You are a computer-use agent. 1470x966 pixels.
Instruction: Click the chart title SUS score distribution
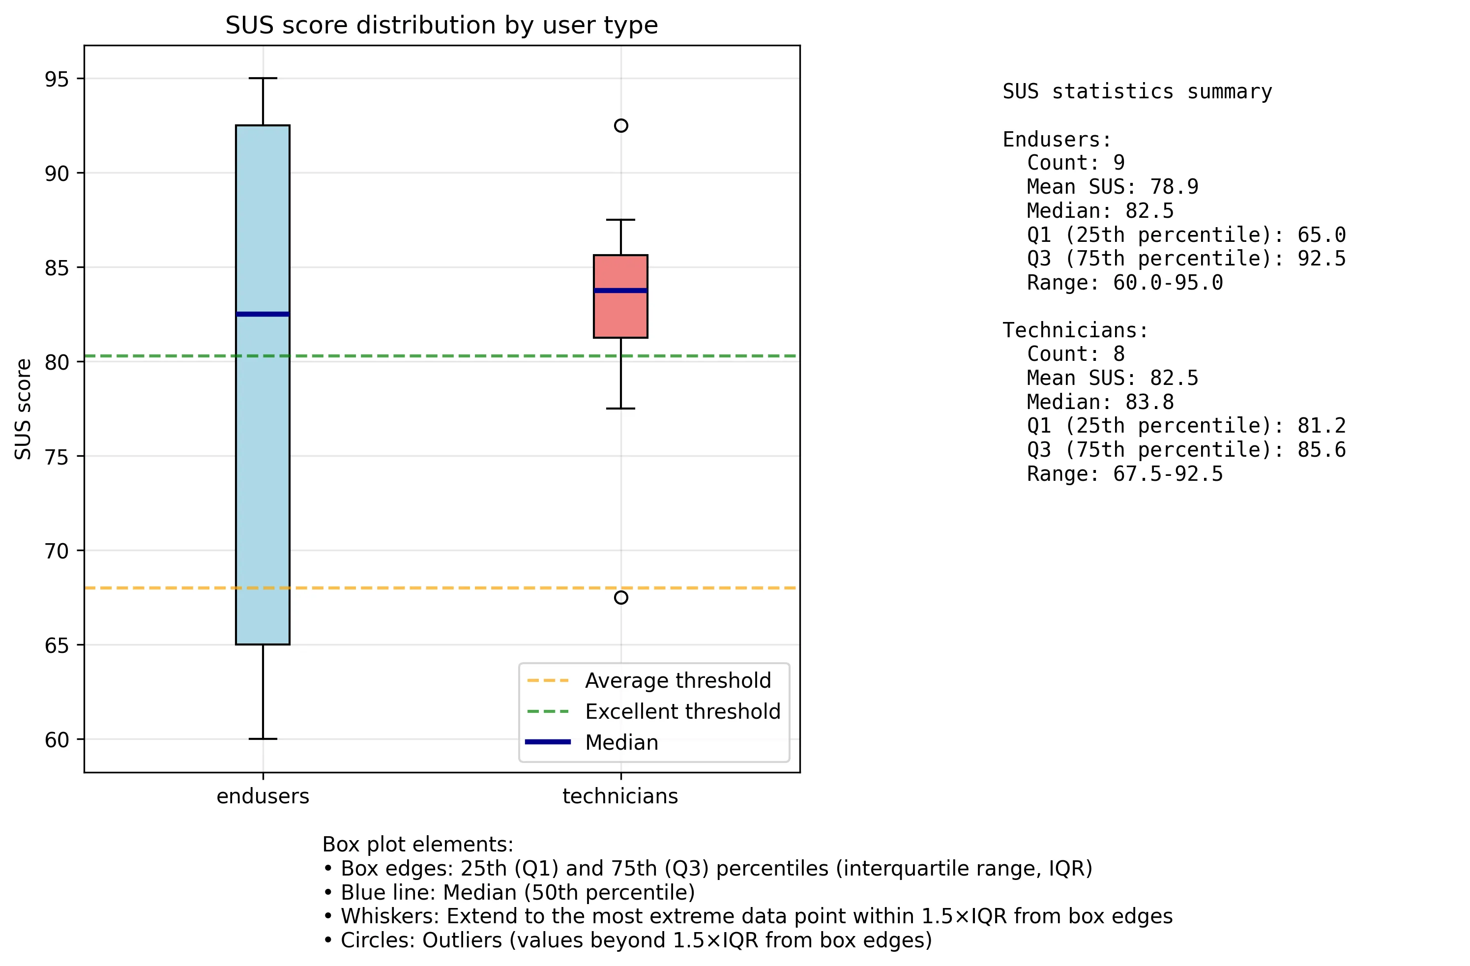pyautogui.click(x=441, y=26)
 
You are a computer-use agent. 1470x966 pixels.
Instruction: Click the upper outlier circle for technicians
pyautogui.click(x=621, y=126)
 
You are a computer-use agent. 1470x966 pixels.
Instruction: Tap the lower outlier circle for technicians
pyautogui.click(x=621, y=597)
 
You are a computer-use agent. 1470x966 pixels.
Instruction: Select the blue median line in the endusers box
pyautogui.click(x=263, y=315)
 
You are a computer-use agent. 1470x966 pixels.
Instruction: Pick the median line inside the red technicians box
pyautogui.click(x=621, y=291)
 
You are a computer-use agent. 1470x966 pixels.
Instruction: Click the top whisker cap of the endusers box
pyautogui.click(x=263, y=79)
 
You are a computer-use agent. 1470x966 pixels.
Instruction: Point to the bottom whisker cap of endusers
pyautogui.click(x=263, y=739)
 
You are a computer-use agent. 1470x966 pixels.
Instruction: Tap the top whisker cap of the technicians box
pyautogui.click(x=621, y=220)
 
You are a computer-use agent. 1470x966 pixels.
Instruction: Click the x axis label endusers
pyautogui.click(x=263, y=796)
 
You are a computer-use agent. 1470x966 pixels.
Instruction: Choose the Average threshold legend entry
pyautogui.click(x=677, y=681)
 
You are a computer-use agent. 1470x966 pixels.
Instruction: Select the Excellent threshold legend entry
pyautogui.click(x=682, y=711)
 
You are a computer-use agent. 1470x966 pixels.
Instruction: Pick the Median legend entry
pyautogui.click(x=621, y=742)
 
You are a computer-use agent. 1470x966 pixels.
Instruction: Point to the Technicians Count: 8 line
pyautogui.click(x=1075, y=354)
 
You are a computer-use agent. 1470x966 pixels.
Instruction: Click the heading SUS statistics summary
pyautogui.click(x=1137, y=91)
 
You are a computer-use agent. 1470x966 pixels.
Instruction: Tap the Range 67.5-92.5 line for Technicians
pyautogui.click(x=1124, y=474)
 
